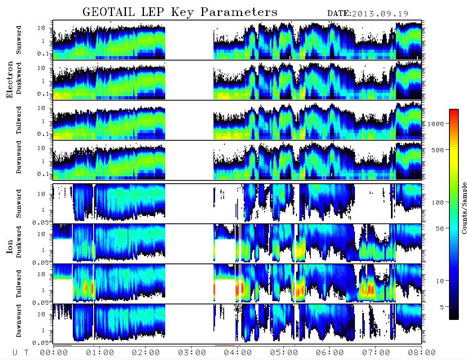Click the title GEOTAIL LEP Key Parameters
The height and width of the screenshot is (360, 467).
coord(180,12)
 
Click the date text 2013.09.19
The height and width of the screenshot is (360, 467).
coord(380,14)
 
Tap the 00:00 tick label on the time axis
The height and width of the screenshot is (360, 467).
coord(54,353)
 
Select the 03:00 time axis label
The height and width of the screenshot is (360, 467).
coord(192,353)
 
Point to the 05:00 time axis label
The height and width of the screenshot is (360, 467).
coord(284,353)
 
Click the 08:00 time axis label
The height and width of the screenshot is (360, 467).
coord(422,353)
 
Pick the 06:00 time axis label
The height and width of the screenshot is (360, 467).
coord(330,353)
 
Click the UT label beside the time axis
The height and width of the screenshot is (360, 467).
coord(20,353)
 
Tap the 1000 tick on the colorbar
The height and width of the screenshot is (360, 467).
coord(436,124)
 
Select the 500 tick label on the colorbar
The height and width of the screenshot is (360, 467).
coord(438,150)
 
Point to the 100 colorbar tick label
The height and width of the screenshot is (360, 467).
coord(438,202)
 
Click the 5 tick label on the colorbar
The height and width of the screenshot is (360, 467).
coord(442,307)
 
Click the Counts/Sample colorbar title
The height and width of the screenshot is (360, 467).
coord(464,208)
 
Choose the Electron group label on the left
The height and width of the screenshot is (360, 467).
coord(10,79)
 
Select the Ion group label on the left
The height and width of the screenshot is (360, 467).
coord(10,247)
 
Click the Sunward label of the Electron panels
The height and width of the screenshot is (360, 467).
coord(19,40)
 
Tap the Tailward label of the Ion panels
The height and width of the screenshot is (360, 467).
coord(19,284)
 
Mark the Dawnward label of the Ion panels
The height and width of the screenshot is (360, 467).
coord(19,320)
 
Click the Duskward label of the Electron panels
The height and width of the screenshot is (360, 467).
coord(19,78)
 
